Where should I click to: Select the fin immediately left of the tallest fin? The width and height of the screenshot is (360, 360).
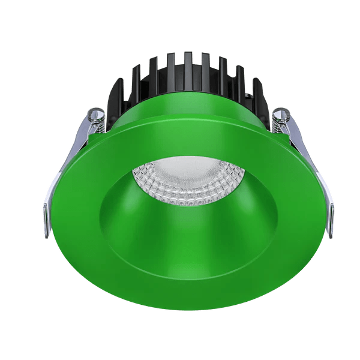[x=171, y=69]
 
